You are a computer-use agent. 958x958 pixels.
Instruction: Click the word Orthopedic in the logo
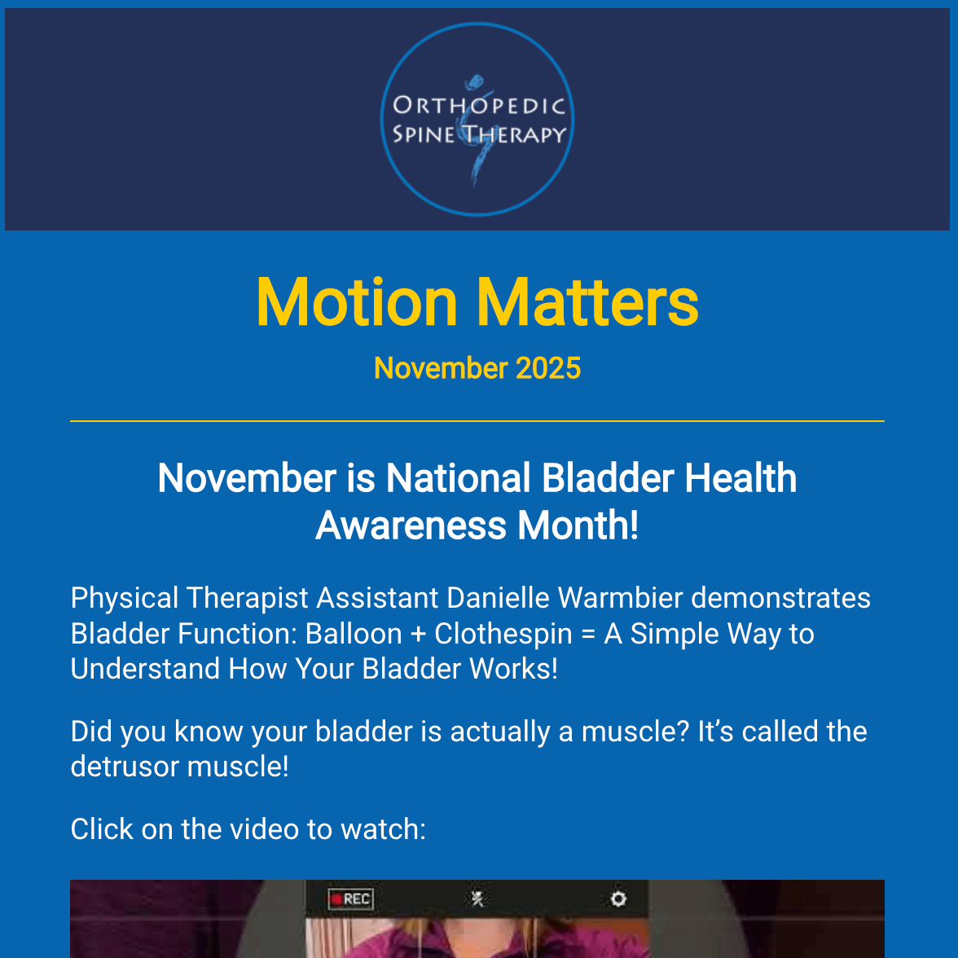click(x=479, y=106)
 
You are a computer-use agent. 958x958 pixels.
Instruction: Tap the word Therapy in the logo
click(x=515, y=134)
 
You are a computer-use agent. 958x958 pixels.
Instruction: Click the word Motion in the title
click(x=357, y=303)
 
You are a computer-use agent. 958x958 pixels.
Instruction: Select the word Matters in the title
click(x=587, y=303)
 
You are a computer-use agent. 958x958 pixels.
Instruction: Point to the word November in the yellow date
click(x=441, y=368)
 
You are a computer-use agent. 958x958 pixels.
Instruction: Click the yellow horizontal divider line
click(x=477, y=421)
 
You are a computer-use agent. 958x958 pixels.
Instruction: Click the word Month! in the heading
click(x=578, y=525)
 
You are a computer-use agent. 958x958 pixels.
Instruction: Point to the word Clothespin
click(x=503, y=634)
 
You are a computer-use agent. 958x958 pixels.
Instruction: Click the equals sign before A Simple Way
click(x=588, y=634)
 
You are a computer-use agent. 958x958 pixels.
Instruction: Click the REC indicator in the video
click(x=350, y=899)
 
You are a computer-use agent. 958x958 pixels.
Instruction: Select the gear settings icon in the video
click(x=618, y=899)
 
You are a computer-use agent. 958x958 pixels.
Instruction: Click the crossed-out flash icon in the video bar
click(x=478, y=899)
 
